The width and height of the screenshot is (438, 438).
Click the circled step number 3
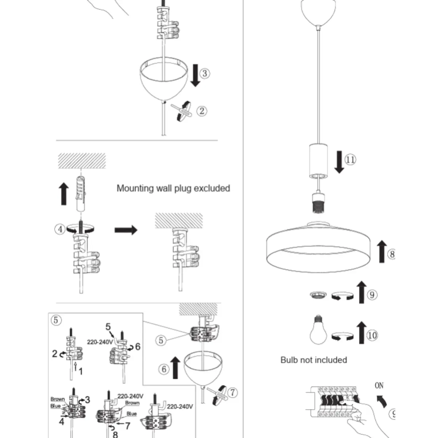[205, 73]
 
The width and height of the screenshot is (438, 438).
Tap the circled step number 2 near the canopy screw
[202, 111]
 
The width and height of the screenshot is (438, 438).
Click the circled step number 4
[60, 229]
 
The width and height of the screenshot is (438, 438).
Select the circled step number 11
[350, 160]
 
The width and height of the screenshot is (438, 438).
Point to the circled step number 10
[372, 335]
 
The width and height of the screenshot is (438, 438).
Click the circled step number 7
[232, 393]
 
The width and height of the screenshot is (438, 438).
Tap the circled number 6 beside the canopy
[164, 369]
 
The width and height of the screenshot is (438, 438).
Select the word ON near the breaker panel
[379, 385]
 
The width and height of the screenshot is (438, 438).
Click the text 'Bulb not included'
[314, 360]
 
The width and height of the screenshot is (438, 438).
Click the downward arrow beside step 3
[195, 75]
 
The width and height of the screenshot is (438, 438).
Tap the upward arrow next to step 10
[361, 333]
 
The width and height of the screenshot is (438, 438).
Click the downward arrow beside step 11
[339, 162]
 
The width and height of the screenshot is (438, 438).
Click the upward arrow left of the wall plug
[64, 194]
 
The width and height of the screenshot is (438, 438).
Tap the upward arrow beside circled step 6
[176, 368]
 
